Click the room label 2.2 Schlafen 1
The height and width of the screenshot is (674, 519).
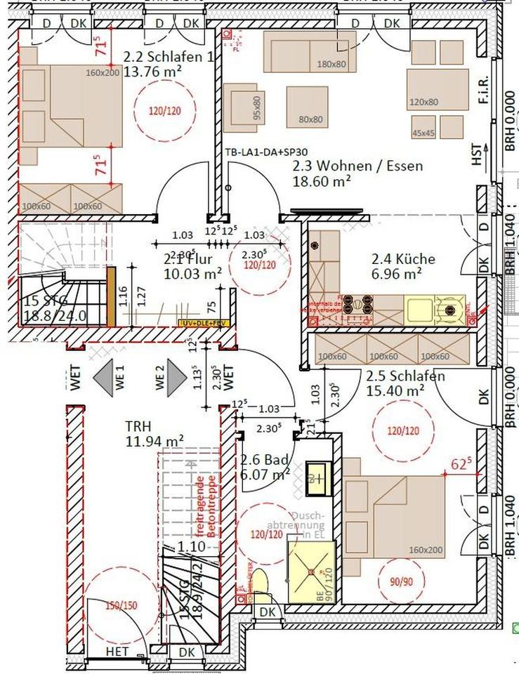(169, 57)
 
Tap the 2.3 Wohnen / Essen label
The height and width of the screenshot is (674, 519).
(357, 166)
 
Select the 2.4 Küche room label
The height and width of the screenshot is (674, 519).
(403, 259)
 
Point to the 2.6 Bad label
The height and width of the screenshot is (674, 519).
(265, 461)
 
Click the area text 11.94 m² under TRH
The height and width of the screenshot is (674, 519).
(155, 441)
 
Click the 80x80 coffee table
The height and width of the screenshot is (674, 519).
(306, 107)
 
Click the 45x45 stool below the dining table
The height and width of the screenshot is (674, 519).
(423, 127)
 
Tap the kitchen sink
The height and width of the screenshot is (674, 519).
(419, 307)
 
